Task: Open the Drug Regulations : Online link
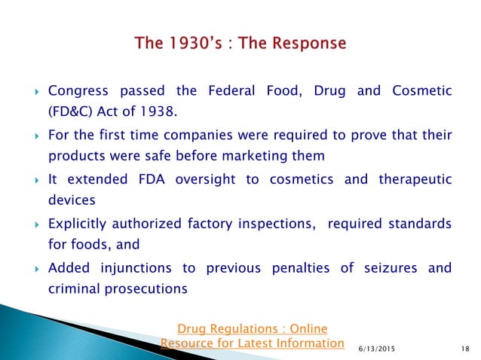[x=252, y=330]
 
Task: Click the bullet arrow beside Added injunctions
[x=36, y=269]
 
